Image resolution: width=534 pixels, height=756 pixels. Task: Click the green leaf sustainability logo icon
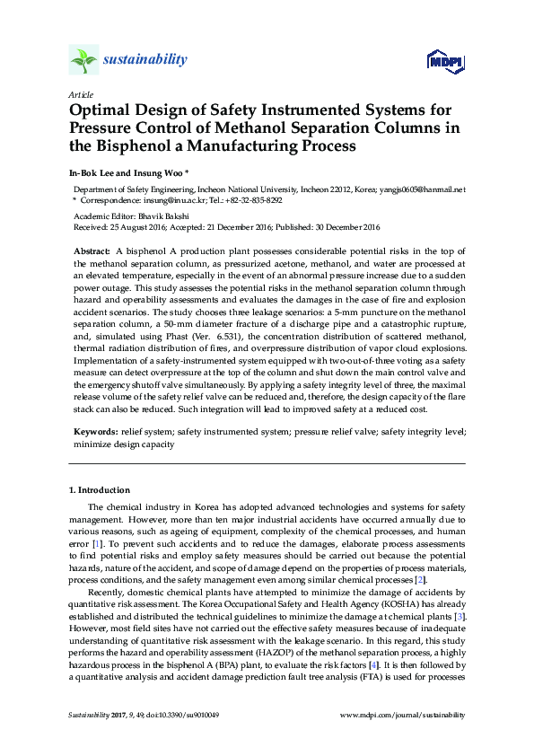83,61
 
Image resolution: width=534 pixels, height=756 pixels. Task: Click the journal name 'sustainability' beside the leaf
145,60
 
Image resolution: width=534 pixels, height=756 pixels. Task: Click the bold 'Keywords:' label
94,432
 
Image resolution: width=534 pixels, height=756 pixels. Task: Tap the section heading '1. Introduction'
100,490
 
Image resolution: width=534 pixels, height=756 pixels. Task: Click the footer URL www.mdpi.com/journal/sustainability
404,716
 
